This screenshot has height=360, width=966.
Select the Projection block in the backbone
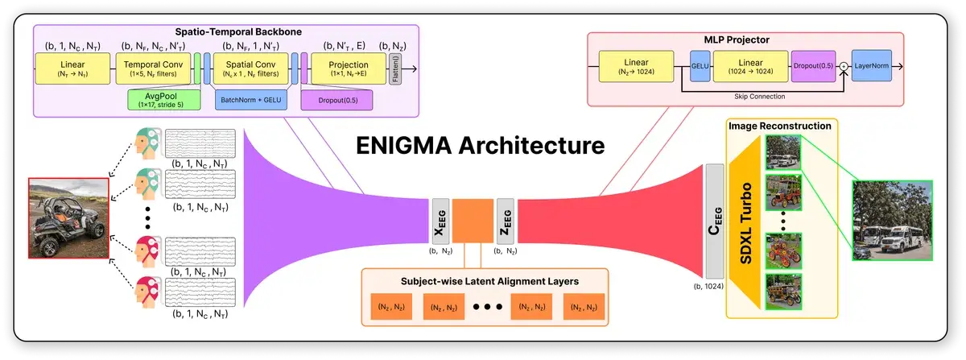click(x=349, y=68)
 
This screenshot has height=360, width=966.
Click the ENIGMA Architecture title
click(x=480, y=147)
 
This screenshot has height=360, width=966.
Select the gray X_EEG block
click(x=440, y=221)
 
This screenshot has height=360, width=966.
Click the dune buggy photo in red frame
click(x=68, y=217)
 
